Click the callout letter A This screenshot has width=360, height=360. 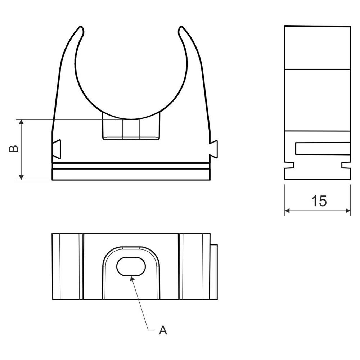[x=163, y=330]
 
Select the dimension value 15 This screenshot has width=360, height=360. [x=319, y=201]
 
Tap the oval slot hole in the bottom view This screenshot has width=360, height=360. [x=131, y=266]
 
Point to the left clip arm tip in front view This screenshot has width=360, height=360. [x=81, y=30]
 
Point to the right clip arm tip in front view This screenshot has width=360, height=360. [x=181, y=30]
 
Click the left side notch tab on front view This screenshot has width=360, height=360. [x=57, y=149]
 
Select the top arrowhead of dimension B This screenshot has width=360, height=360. [x=22, y=122]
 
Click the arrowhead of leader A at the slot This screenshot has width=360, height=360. [x=132, y=278]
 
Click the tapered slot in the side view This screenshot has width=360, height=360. [x=322, y=148]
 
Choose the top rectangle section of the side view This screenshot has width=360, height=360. [x=317, y=47]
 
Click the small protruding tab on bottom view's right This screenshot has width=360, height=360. [x=214, y=272]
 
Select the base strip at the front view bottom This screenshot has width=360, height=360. [x=131, y=174]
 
